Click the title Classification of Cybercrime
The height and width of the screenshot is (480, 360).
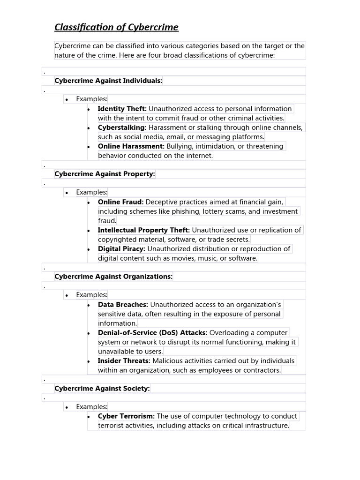116,27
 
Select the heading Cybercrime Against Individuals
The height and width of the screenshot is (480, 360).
108,81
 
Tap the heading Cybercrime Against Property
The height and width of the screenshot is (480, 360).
105,174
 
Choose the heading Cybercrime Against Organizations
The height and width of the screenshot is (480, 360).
113,277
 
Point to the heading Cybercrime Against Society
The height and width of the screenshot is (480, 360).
102,389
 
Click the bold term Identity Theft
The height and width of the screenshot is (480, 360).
122,109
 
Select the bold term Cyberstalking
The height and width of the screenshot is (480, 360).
122,127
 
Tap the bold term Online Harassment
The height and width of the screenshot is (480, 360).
131,146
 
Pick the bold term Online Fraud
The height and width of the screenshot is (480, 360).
120,202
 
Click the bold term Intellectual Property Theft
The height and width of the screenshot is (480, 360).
143,230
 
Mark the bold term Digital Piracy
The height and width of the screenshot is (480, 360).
121,249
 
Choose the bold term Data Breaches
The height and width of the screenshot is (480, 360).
123,305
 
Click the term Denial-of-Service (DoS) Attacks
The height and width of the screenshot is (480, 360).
152,333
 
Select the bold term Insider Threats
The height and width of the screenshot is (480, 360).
124,361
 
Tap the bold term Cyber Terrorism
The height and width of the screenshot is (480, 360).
126,416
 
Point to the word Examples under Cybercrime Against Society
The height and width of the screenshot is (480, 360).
92,407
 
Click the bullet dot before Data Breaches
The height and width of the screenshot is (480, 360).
89,305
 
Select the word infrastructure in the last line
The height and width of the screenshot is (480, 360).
267,426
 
